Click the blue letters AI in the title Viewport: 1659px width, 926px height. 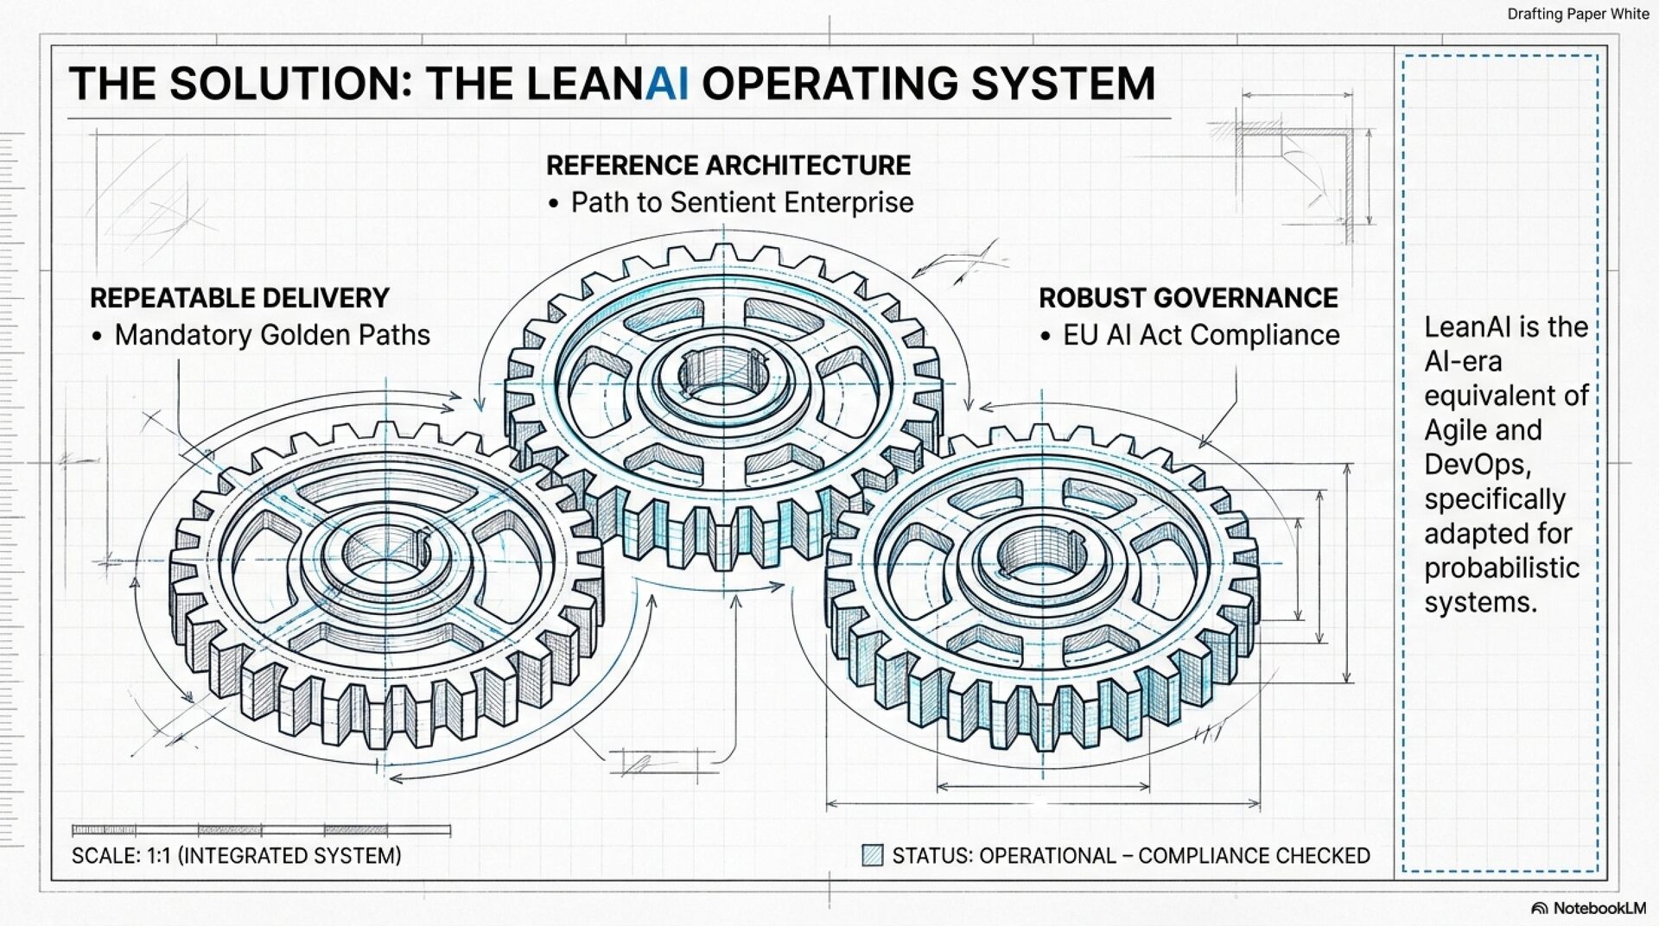click(667, 84)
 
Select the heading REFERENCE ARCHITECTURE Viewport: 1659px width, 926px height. click(728, 165)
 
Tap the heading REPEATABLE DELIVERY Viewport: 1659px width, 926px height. click(239, 298)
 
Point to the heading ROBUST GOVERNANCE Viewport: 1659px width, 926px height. click(1188, 298)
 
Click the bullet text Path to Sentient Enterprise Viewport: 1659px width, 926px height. click(741, 202)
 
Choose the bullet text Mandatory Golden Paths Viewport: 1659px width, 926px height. click(272, 335)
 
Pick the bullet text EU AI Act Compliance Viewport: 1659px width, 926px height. click(1201, 335)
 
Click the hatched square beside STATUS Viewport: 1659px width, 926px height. click(873, 855)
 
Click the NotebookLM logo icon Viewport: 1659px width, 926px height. click(1539, 909)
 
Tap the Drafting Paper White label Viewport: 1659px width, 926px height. click(1578, 14)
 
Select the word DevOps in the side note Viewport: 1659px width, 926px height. click(1477, 465)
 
